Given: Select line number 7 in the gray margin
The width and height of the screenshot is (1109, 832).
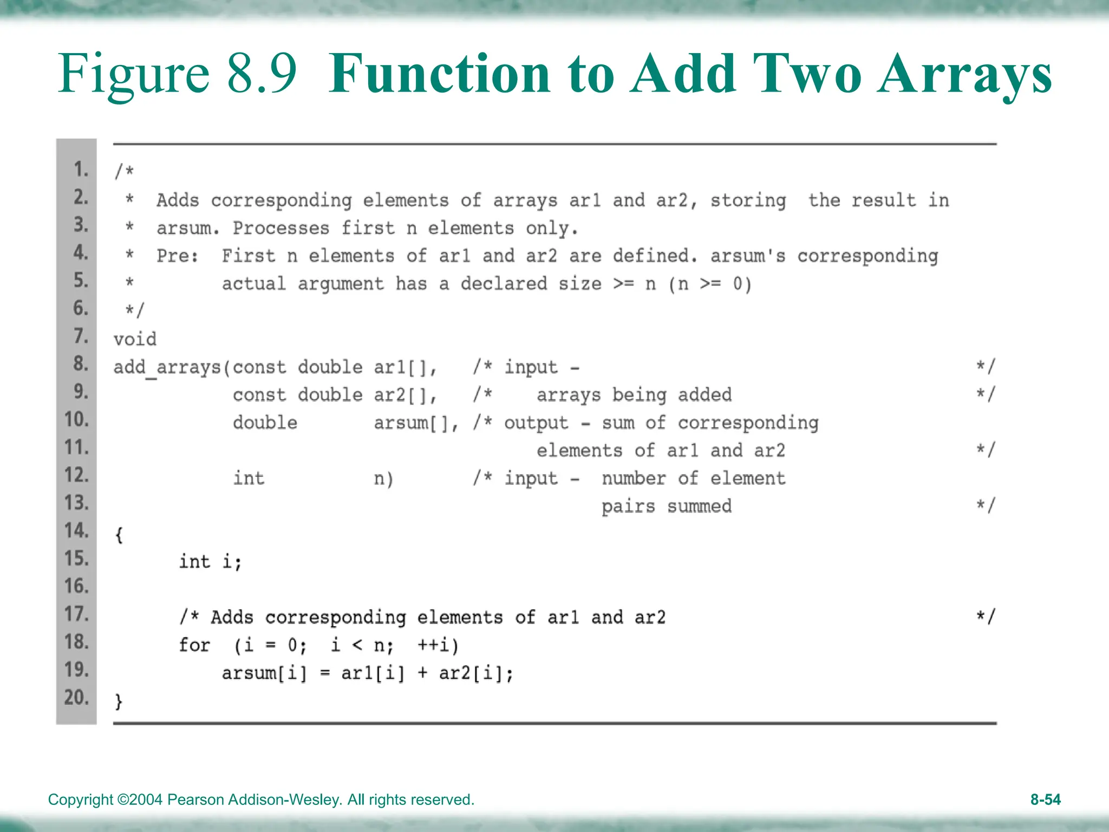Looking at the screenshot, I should pos(81,336).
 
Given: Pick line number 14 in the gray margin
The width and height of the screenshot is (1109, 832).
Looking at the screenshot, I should pos(76,530).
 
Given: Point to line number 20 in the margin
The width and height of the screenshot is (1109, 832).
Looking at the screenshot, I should pos(76,697).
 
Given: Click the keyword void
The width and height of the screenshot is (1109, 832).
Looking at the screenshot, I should pos(135,340).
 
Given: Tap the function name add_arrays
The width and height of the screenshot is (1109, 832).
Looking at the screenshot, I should pos(168,368).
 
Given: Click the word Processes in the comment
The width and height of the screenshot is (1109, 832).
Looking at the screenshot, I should pos(280,229).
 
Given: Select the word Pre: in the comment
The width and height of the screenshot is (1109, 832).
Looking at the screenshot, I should pos(178,256).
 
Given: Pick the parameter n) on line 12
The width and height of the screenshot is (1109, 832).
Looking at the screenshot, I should pos(383,479).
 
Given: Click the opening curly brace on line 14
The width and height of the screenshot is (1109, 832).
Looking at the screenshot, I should pos(119,535).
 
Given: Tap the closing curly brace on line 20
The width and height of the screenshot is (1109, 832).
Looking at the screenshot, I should pos(119,701).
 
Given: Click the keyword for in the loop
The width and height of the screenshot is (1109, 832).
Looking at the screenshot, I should pos(194,645).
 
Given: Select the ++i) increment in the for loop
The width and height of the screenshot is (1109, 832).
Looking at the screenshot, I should pos(438,645).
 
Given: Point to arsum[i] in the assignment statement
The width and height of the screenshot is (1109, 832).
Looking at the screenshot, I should pos(264,673).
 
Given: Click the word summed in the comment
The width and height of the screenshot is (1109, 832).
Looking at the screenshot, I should pos(699,506).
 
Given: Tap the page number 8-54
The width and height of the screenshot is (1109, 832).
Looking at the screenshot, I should pos(1045,799).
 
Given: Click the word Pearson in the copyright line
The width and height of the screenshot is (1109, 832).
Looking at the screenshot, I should pos(195,799).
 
